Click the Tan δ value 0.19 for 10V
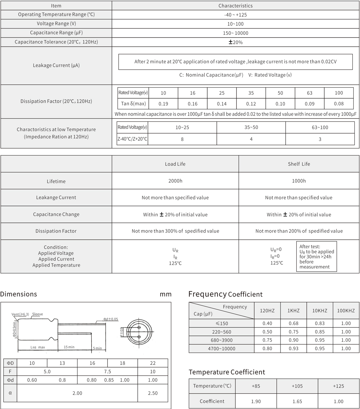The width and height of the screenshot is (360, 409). point(163,104)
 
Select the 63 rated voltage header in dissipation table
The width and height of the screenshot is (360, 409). point(309,93)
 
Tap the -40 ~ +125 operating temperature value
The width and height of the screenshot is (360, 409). point(235,15)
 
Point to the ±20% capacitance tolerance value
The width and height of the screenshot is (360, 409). point(235,42)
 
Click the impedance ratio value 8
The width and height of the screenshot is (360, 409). point(182,139)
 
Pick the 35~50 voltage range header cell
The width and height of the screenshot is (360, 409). point(251,127)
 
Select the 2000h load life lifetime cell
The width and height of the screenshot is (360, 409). point(175,181)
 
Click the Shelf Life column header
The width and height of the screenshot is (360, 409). point(299,164)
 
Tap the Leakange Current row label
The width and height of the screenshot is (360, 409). point(56,198)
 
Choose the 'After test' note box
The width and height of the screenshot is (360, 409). point(316,257)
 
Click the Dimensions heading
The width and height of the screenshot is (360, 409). point(19,294)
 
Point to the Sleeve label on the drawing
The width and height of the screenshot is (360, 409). point(37,314)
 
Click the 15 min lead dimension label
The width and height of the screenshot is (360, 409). point(69,347)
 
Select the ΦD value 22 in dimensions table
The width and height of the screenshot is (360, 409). point(153,363)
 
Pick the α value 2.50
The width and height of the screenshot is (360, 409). point(153,393)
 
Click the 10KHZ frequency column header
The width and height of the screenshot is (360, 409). point(319,311)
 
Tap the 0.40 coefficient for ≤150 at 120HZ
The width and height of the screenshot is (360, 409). point(267,324)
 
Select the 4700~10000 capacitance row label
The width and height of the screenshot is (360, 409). point(221,349)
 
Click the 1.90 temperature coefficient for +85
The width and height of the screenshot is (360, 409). point(256,402)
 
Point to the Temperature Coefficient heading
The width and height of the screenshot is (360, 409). point(227,372)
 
